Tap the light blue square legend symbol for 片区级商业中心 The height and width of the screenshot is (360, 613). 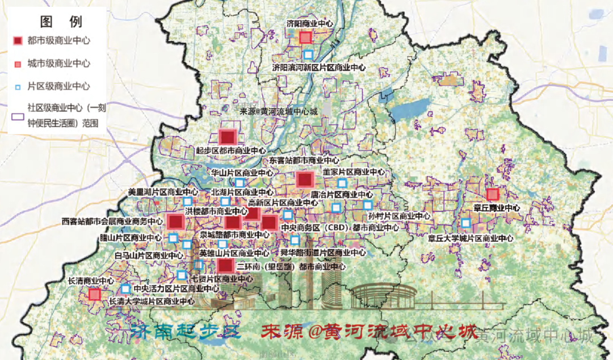18,86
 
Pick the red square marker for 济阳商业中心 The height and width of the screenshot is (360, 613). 305,37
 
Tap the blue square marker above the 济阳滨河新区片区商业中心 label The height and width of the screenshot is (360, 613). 308,55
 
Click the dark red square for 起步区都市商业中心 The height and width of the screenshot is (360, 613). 228,137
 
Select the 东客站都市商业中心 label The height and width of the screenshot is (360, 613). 304,161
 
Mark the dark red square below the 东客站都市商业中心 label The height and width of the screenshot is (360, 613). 305,180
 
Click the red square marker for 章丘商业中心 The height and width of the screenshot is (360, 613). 492,194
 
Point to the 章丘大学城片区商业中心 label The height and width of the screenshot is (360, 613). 471,238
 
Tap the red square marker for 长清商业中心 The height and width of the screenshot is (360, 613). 95,294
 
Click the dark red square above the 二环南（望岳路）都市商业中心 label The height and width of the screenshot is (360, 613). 225,265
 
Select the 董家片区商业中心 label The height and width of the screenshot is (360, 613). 354,172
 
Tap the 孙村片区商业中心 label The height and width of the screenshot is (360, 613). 399,216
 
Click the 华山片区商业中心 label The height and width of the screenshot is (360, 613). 242,173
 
